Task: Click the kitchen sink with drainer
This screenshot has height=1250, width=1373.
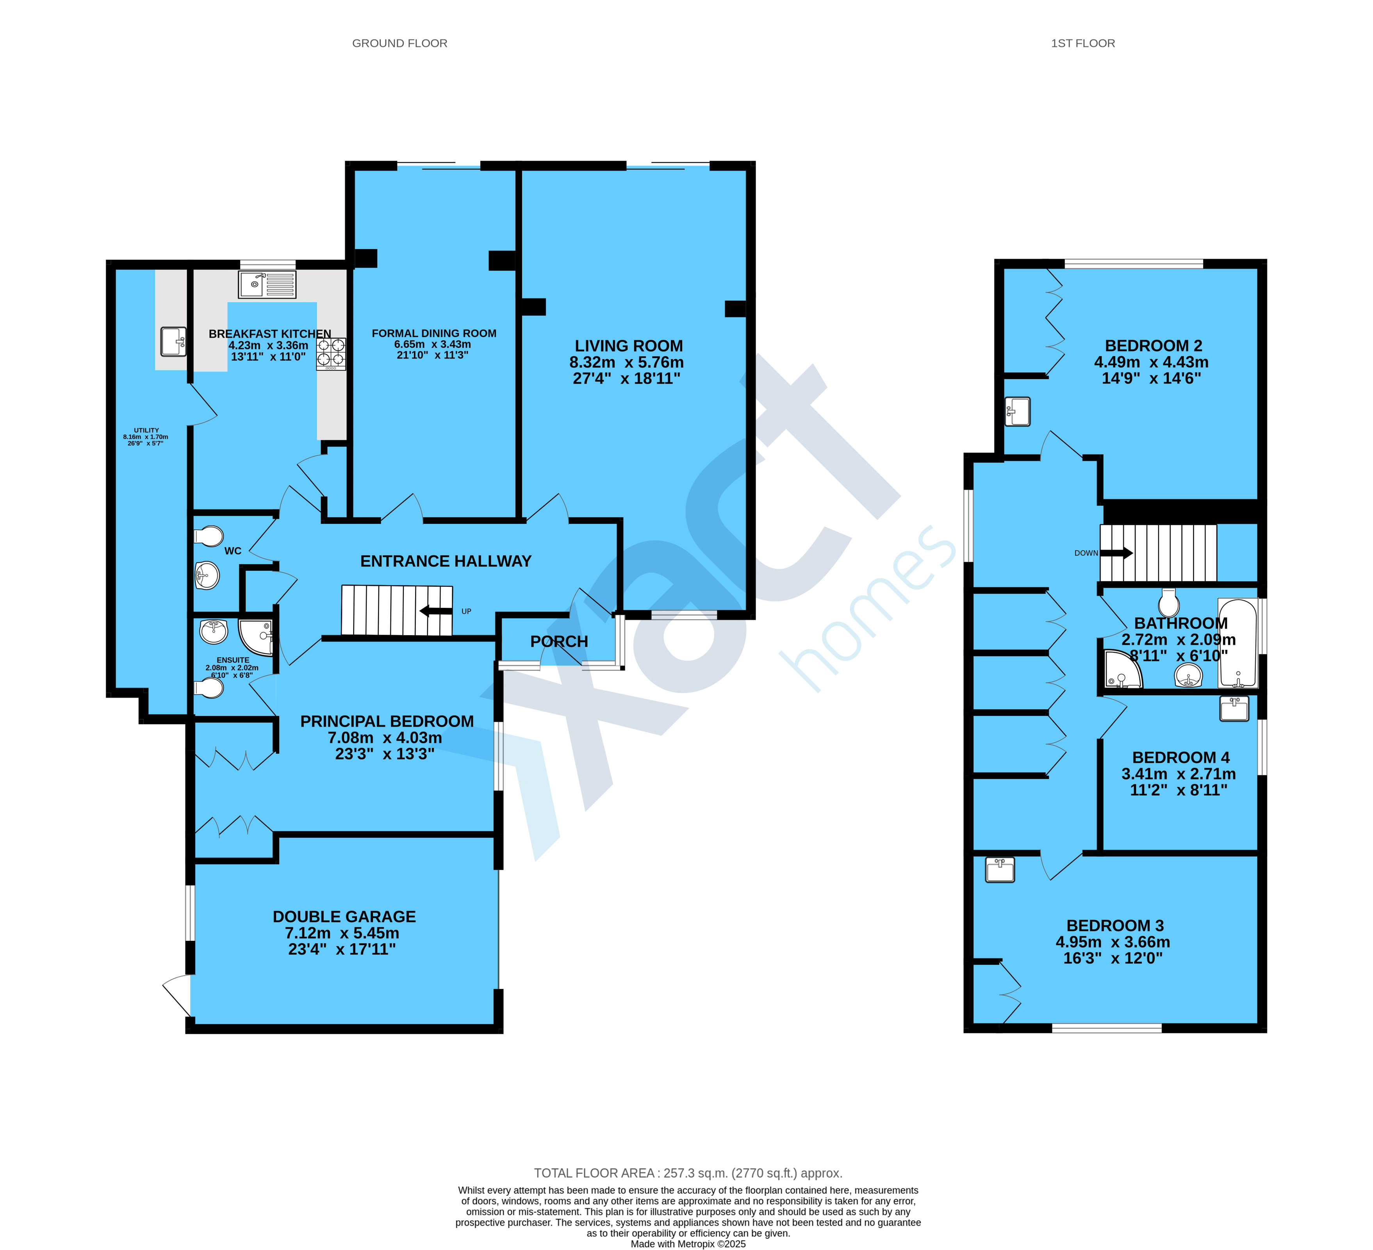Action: (267, 285)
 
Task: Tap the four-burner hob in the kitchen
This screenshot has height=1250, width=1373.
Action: (331, 354)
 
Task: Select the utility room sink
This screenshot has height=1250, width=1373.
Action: (173, 342)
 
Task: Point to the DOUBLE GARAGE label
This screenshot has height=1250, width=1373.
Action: (344, 916)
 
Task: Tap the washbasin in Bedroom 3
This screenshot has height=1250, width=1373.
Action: (1000, 869)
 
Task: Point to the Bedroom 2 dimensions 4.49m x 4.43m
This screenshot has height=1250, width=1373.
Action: (1151, 362)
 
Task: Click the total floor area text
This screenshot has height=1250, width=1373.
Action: (688, 1173)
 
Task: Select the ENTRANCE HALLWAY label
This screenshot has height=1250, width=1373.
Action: (446, 561)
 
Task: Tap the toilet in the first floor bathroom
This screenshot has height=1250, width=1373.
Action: (1169, 602)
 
